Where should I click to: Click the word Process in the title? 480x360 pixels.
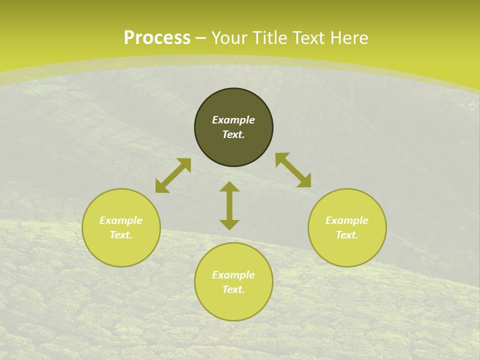157,38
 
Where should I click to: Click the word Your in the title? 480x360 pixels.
230,38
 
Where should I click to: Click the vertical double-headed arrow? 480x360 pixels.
229,206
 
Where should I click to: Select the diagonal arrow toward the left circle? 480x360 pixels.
173,175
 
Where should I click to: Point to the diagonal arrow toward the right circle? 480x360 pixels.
293,170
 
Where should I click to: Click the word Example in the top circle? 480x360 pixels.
233,120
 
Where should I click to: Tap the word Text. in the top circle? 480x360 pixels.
233,134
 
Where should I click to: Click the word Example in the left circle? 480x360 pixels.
121,220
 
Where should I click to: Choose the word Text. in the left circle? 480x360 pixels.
121,235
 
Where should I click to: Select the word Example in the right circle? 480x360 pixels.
347,220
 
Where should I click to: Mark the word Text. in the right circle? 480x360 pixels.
347,235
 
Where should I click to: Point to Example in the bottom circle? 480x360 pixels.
233,275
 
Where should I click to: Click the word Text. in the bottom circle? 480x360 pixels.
233,289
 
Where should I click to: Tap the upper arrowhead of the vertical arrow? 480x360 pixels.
229,186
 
